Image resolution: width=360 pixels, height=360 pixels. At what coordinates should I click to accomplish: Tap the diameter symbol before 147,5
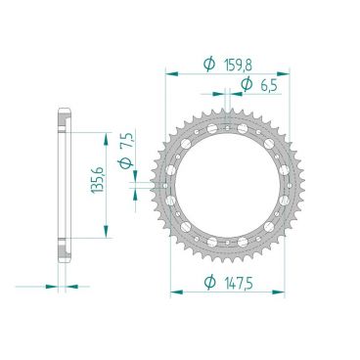209,283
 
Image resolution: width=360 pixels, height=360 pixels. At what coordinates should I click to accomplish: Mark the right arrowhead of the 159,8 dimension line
287,72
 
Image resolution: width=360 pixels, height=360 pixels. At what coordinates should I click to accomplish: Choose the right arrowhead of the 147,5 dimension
282,292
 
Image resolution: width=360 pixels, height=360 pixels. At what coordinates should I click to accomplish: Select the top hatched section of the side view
64,119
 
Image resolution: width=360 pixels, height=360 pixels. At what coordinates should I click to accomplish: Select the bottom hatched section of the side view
64,248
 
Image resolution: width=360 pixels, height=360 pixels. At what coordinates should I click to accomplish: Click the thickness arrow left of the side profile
55,286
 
